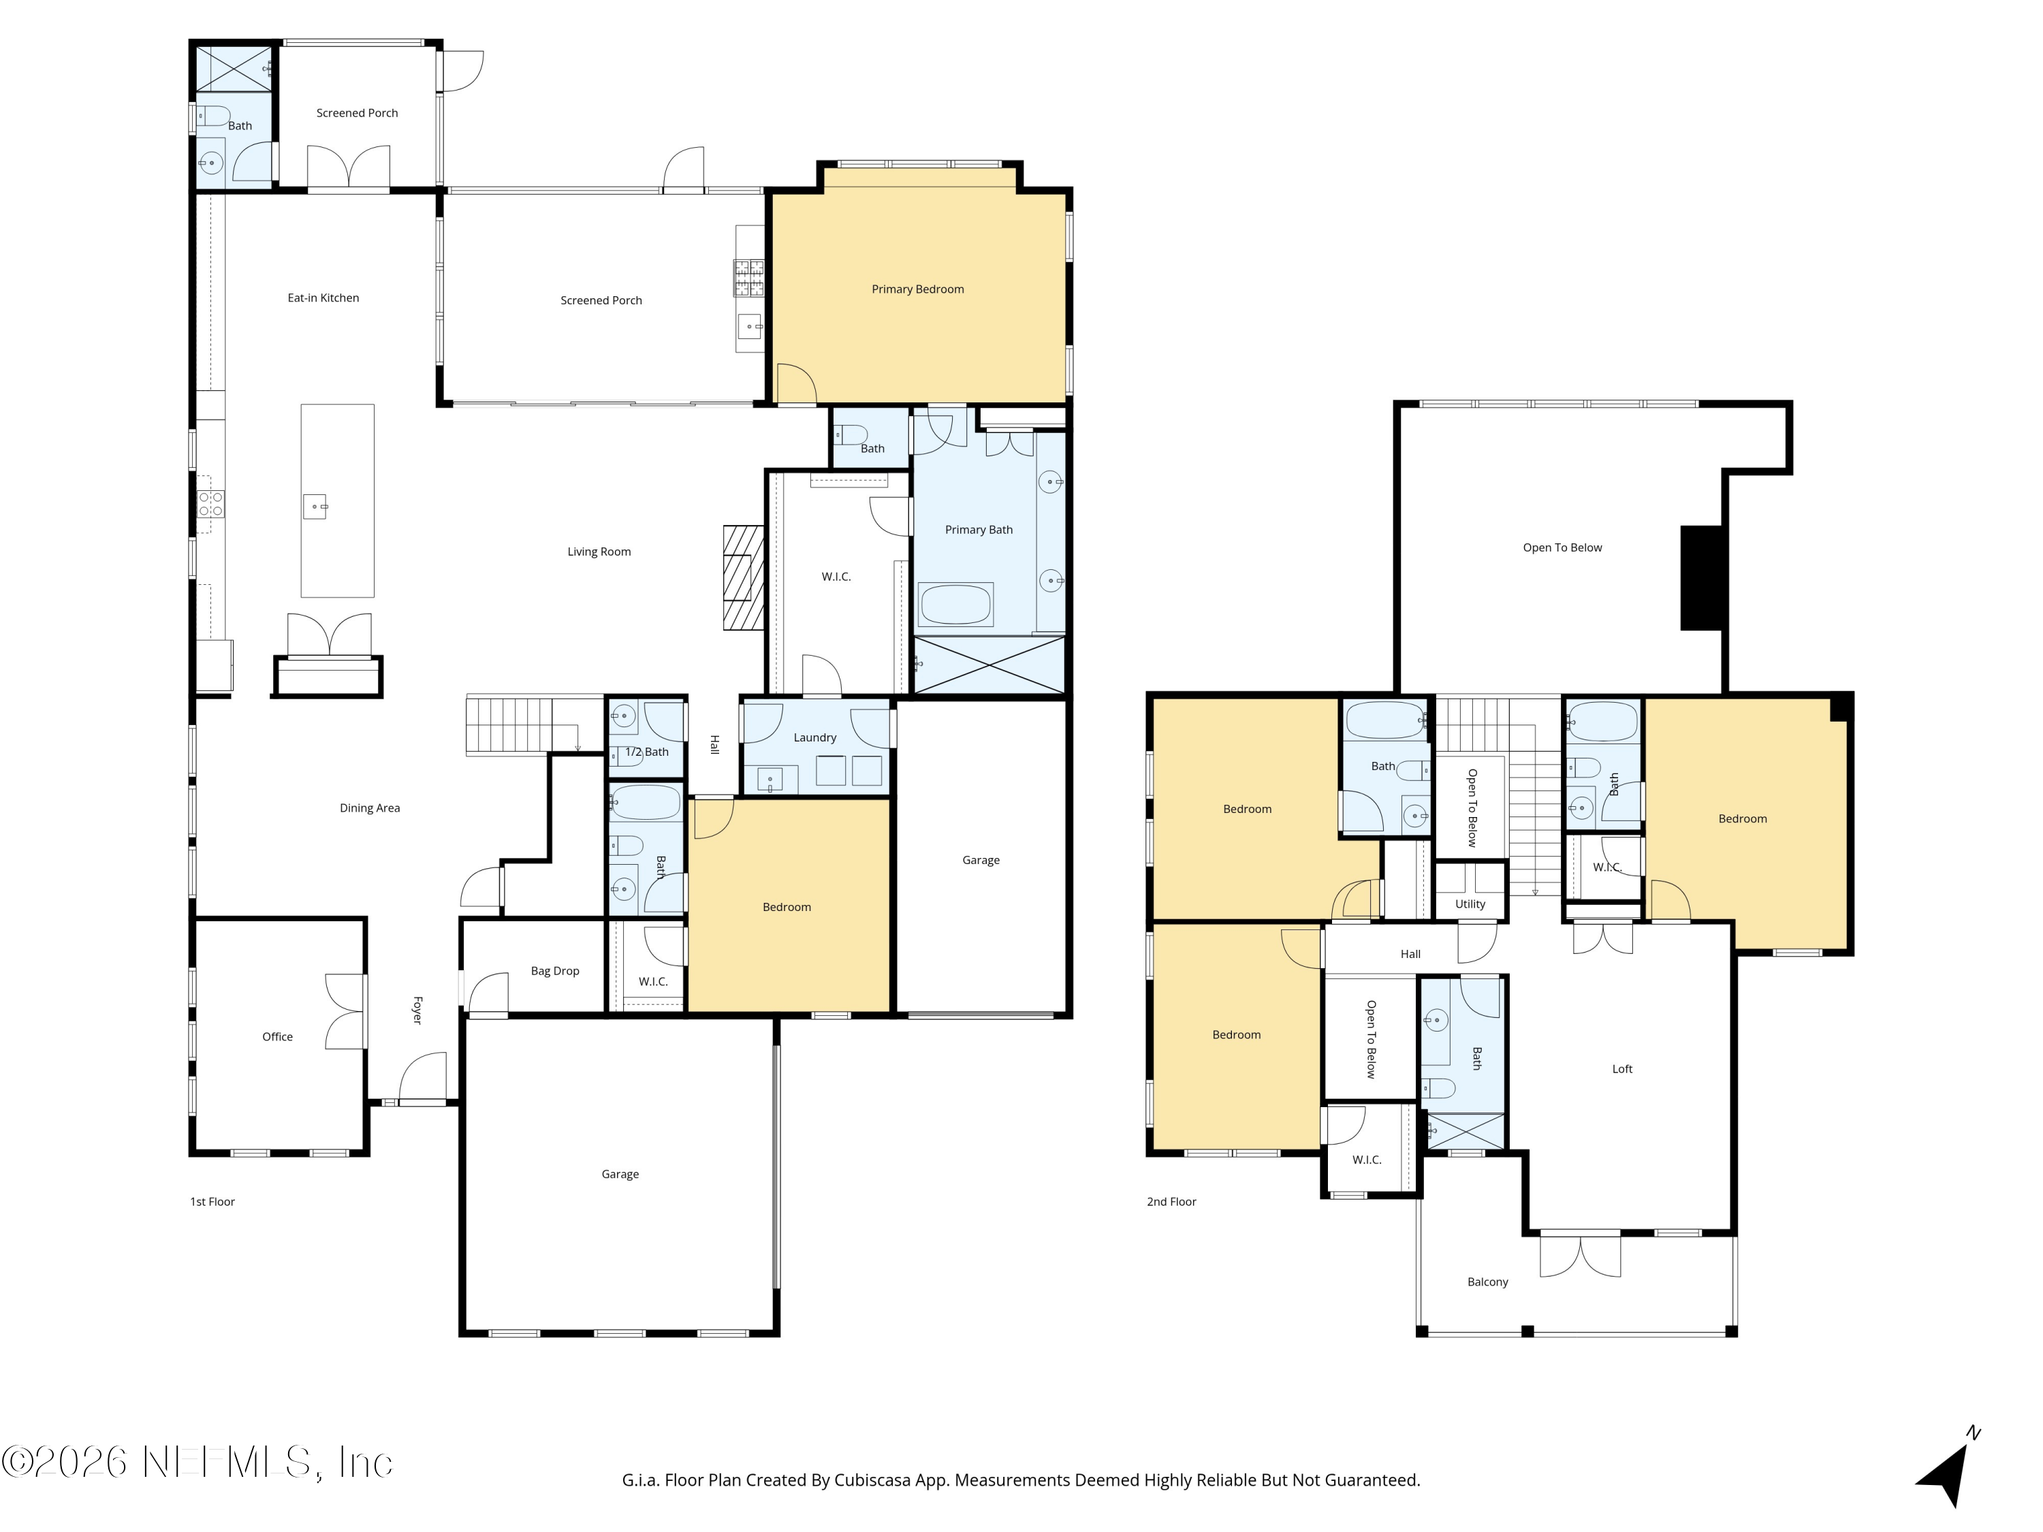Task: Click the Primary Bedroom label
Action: click(x=917, y=289)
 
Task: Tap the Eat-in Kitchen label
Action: click(x=323, y=298)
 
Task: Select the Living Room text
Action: click(x=599, y=552)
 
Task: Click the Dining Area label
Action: click(x=369, y=808)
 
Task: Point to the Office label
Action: click(x=277, y=1037)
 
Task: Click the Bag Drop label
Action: click(x=555, y=970)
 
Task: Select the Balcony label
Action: click(x=1487, y=1281)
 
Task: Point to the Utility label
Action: click(x=1470, y=904)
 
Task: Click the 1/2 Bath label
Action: click(x=646, y=752)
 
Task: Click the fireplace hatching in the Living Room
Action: click(x=744, y=578)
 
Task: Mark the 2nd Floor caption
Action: click(x=1171, y=1201)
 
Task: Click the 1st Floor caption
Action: click(x=212, y=1201)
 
